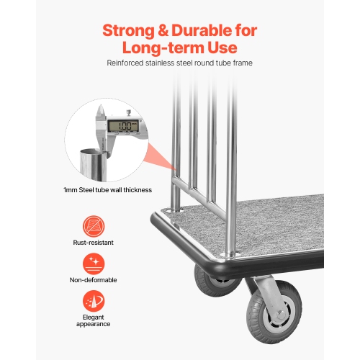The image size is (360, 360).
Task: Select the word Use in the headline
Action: (x=219, y=48)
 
